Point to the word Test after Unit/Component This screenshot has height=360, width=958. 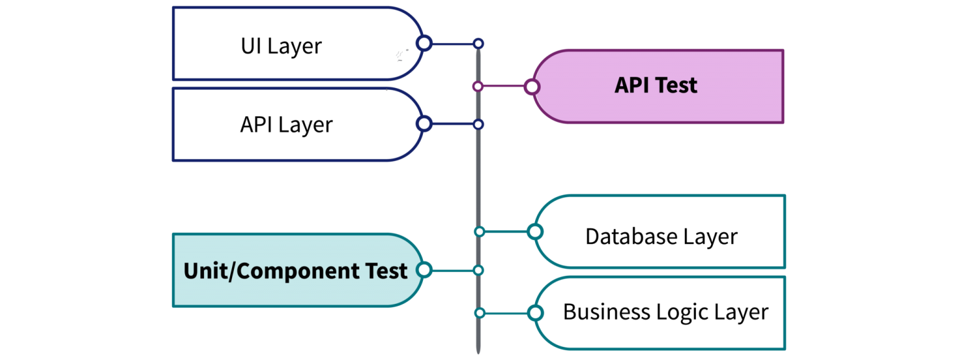[384, 271]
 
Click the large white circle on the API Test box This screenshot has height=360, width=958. [532, 87]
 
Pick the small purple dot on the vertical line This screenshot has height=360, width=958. [478, 87]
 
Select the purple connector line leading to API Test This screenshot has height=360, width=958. [504, 87]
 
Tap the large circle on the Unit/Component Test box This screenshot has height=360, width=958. [424, 270]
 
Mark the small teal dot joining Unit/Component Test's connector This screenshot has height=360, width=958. [478, 270]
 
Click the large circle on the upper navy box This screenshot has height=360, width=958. [425, 43]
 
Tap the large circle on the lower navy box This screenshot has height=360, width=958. [424, 124]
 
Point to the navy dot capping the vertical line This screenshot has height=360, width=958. [478, 44]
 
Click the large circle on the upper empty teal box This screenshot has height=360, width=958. [535, 231]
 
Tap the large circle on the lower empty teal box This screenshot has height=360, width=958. [535, 313]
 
